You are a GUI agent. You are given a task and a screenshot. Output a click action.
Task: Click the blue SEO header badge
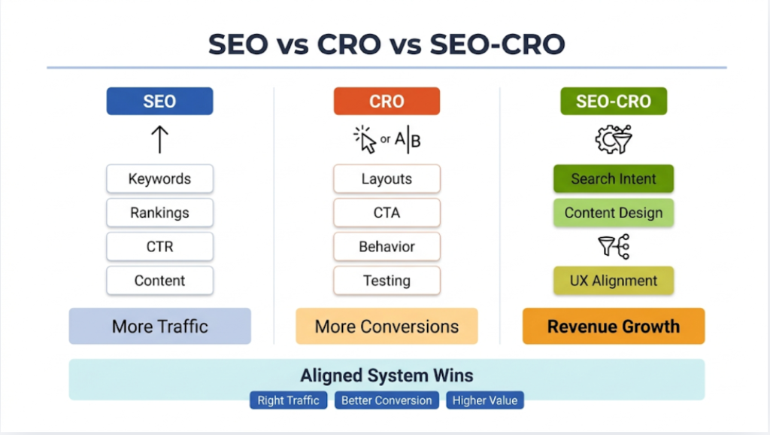159,102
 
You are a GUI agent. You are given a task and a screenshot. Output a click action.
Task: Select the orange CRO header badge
387,102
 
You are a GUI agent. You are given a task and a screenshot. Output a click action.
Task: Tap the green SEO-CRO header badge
614,102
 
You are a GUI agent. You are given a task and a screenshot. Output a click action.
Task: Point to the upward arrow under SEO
159,140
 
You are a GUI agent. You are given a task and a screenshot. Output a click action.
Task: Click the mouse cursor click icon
365,140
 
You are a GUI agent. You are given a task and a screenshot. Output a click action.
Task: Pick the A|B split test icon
408,140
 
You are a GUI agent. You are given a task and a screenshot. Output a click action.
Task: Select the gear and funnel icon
614,140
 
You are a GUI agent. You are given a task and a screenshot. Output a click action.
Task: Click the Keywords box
159,179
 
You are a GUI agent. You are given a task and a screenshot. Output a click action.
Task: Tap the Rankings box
159,213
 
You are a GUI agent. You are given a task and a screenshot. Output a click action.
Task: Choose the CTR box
159,247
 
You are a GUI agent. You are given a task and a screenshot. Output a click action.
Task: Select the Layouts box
387,179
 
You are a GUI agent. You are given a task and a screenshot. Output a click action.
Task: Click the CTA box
387,213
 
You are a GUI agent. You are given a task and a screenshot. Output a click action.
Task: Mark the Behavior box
387,247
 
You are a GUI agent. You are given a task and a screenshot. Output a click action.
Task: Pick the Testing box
387,281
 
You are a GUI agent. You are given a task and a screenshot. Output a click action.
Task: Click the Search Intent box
614,179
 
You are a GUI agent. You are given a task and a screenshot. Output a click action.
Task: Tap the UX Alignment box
614,281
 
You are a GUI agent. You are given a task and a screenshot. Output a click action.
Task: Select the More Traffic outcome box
159,327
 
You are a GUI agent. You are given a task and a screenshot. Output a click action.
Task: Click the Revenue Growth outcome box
614,327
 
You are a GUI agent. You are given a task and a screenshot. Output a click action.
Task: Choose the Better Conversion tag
387,400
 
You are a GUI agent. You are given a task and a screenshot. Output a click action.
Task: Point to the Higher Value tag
485,400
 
